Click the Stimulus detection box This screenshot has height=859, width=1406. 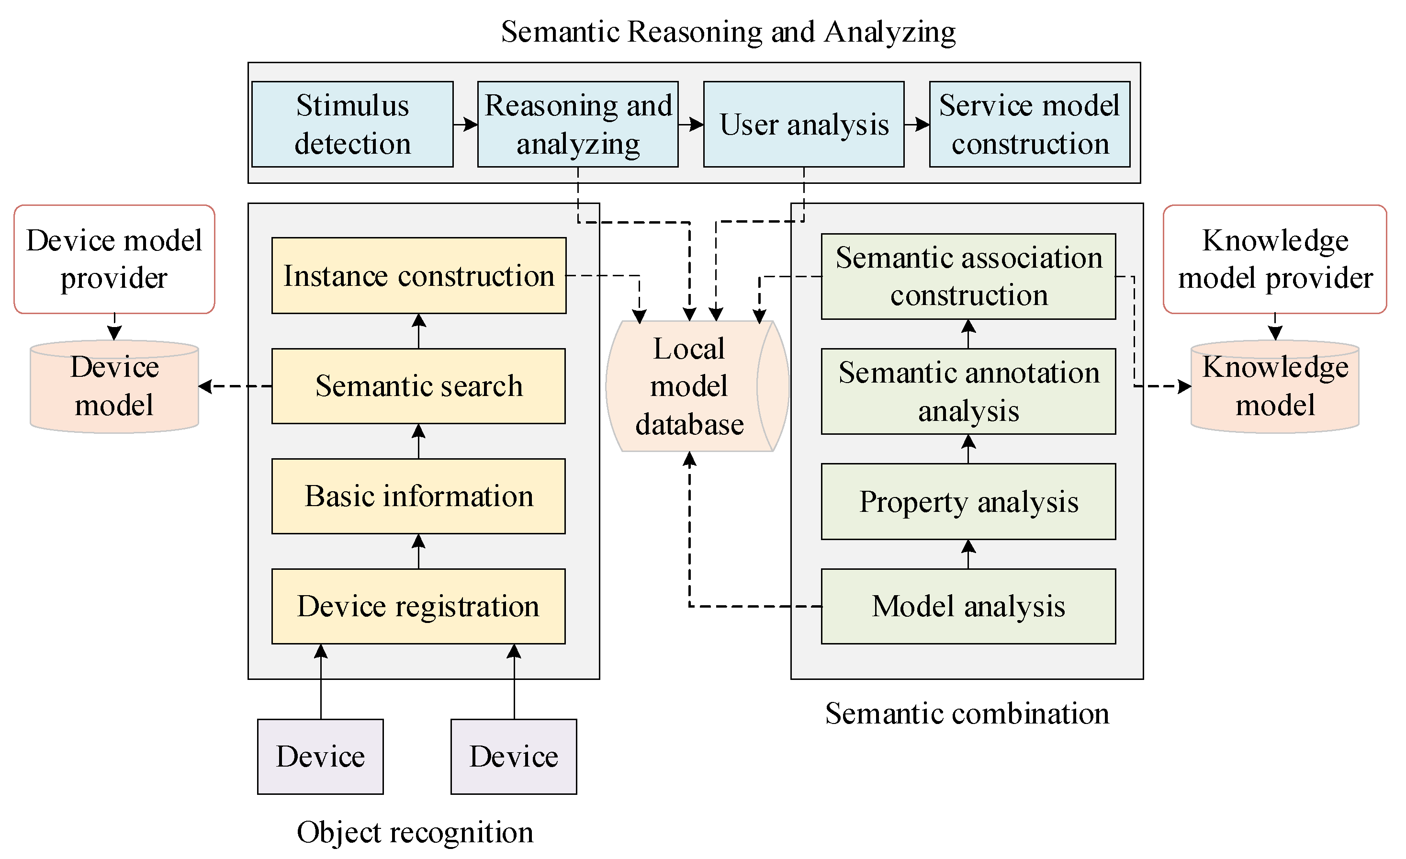(x=352, y=124)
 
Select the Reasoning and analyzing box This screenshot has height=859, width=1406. (x=577, y=124)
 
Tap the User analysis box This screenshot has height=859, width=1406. (x=803, y=124)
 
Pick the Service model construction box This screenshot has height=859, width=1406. (x=1029, y=124)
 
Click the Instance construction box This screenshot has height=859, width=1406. (x=418, y=276)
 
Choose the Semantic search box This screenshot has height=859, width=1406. (x=418, y=386)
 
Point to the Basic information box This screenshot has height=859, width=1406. (x=418, y=496)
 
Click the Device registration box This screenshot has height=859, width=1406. (x=418, y=606)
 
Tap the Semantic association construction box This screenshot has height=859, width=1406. (x=968, y=276)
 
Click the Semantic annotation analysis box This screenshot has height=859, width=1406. (x=968, y=392)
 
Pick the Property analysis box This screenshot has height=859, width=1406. (x=968, y=502)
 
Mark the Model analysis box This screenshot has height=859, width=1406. (x=968, y=606)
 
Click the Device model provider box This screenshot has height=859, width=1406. (x=114, y=259)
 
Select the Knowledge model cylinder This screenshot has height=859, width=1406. (x=1275, y=386)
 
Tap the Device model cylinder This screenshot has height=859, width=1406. (x=114, y=386)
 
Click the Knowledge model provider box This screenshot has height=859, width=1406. (x=1275, y=259)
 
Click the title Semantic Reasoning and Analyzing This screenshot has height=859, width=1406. (x=728, y=32)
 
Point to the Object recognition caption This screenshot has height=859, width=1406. (x=415, y=832)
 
